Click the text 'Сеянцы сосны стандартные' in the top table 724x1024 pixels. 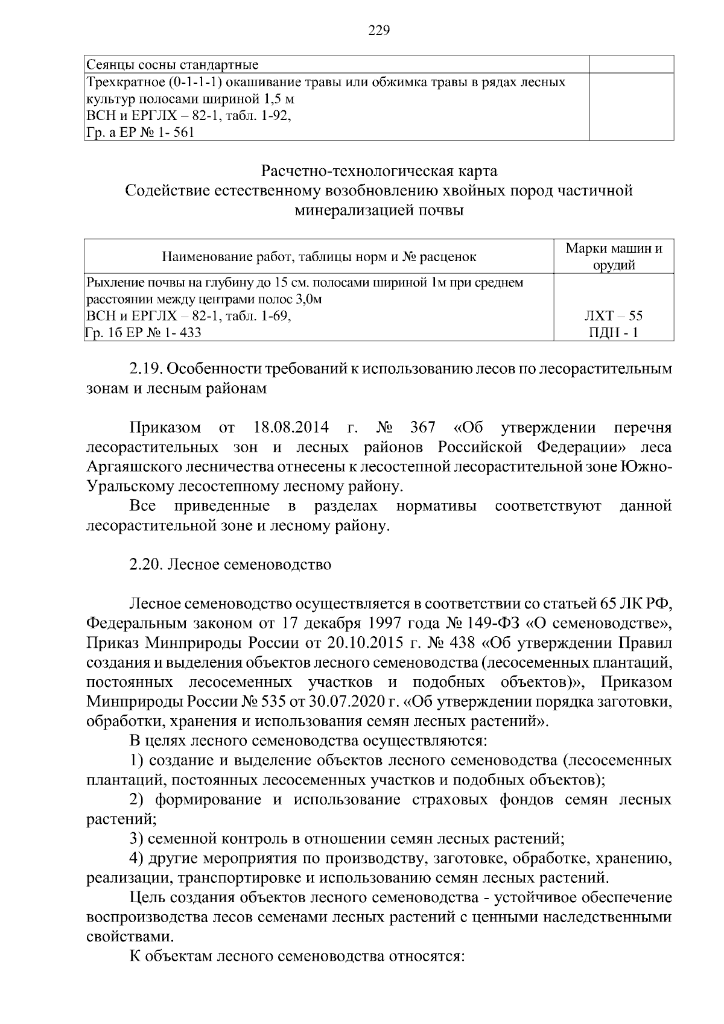tap(173, 65)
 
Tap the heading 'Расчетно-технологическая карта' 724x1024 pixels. tap(379, 171)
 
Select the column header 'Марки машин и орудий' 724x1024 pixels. tap(614, 256)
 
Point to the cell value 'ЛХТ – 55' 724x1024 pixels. tap(614, 315)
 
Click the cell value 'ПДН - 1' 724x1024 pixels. tap(614, 332)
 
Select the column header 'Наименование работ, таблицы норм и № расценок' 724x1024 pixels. tap(319, 257)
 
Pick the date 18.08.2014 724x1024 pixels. tap(288, 428)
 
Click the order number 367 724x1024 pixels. tap(422, 428)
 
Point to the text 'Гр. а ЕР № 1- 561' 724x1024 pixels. tap(141, 133)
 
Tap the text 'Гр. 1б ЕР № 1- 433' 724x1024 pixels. tap(144, 332)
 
